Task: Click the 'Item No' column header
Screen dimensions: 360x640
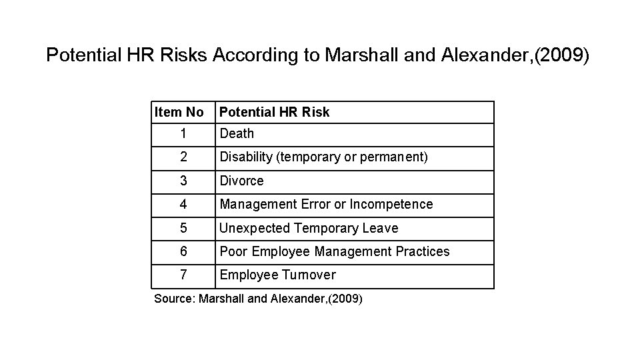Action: [179, 112]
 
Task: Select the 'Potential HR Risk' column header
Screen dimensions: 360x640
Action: [275, 112]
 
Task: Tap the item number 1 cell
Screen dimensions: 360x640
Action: [183, 133]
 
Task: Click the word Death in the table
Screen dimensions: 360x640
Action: [237, 133]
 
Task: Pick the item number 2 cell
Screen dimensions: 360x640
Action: [183, 157]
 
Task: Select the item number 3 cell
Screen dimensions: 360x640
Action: [183, 181]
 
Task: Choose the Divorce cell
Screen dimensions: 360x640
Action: [242, 181]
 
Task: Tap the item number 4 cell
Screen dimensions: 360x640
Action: [183, 204]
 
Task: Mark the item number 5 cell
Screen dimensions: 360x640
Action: [183, 228]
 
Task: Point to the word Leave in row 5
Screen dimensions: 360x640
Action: [381, 228]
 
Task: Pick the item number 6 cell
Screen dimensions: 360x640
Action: [183, 251]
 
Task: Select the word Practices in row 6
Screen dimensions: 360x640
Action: [419, 251]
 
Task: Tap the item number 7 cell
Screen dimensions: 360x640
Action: [183, 275]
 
